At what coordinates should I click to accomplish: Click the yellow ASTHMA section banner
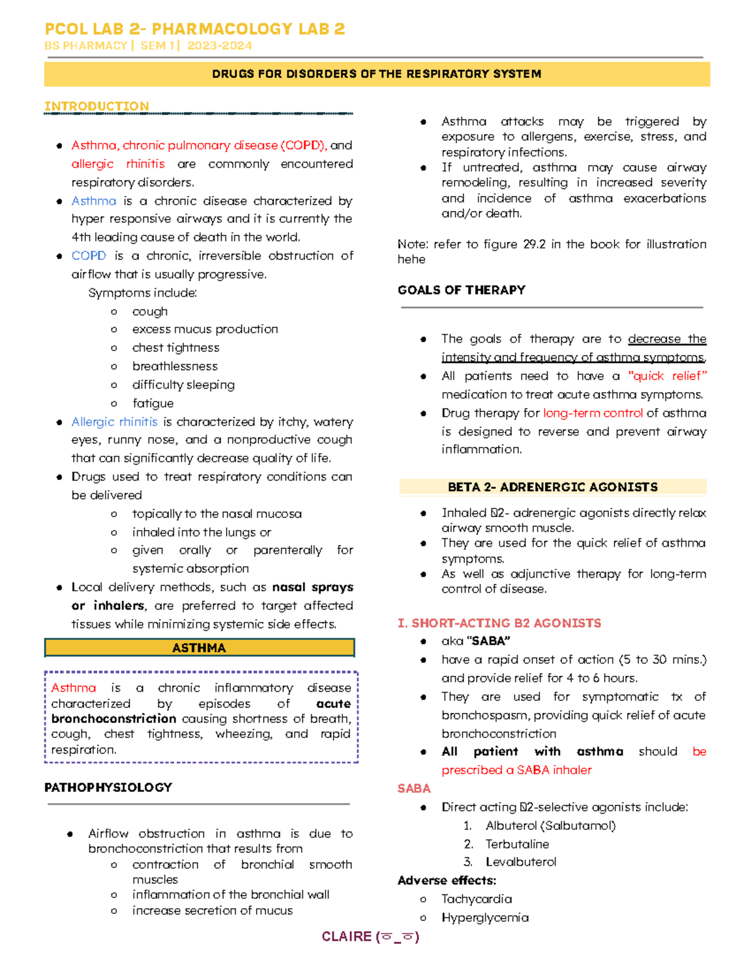point(199,648)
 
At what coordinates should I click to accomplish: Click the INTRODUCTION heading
point(96,106)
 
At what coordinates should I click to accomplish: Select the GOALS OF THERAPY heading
point(461,290)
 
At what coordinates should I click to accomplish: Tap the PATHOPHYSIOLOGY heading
point(108,787)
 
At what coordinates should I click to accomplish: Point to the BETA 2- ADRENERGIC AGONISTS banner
point(553,487)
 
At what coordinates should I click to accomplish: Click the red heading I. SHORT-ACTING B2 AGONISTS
point(499,623)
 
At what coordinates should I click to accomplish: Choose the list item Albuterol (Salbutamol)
point(550,826)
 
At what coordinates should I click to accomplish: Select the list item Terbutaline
point(517,844)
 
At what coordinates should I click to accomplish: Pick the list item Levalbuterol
point(521,862)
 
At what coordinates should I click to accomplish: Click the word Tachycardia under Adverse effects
point(476,899)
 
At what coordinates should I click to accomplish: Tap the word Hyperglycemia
point(484,918)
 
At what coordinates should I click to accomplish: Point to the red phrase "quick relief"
point(668,376)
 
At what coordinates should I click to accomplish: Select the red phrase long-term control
point(593,413)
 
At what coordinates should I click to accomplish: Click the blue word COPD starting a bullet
point(88,255)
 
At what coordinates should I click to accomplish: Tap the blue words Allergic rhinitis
point(114,422)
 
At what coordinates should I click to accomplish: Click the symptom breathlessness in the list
point(175,366)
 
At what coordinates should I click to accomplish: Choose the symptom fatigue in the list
point(153,403)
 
